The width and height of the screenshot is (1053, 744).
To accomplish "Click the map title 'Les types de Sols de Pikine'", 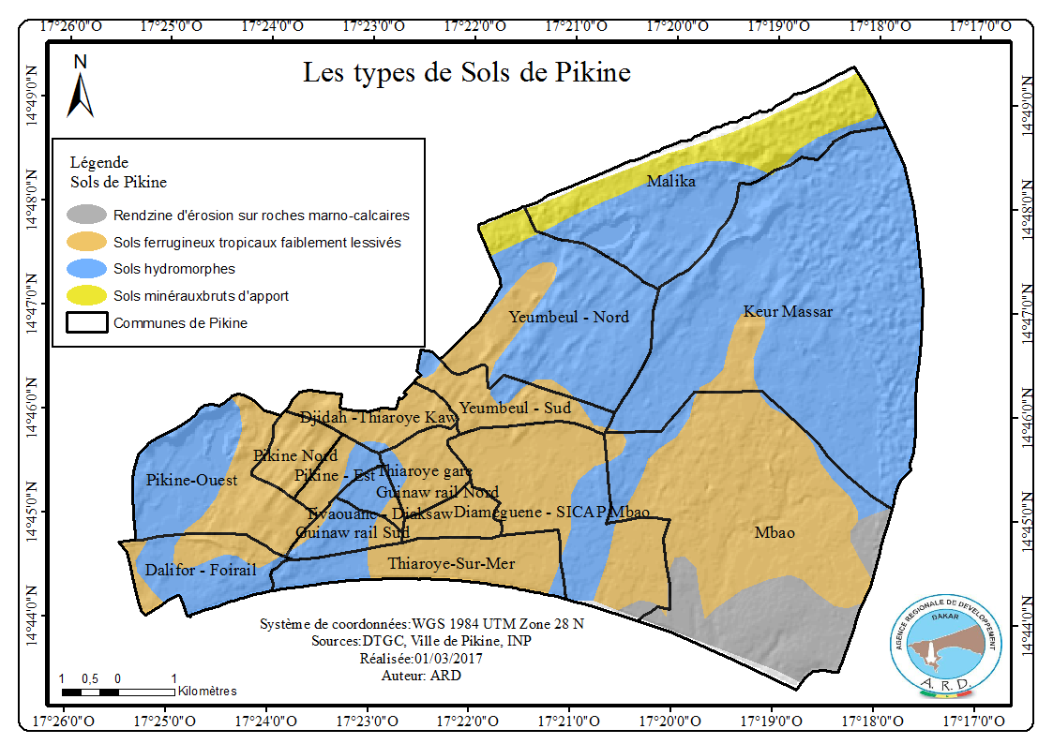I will pyautogui.click(x=466, y=73).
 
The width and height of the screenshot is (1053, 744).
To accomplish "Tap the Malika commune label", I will pyautogui.click(x=671, y=182).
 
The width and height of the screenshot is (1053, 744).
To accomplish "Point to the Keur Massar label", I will pyautogui.click(x=788, y=311).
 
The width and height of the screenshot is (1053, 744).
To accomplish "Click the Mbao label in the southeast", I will pyautogui.click(x=775, y=533).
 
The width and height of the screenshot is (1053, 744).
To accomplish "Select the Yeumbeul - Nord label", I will pyautogui.click(x=569, y=317).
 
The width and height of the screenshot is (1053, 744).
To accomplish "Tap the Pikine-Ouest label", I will pyautogui.click(x=192, y=480).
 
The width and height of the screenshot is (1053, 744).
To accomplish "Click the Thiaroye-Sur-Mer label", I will pyautogui.click(x=452, y=563).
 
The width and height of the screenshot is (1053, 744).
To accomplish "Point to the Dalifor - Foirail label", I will pyautogui.click(x=201, y=570).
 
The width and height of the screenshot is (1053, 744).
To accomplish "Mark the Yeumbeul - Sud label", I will pyautogui.click(x=515, y=409).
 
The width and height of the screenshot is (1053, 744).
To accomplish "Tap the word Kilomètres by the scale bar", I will pyautogui.click(x=206, y=691).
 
